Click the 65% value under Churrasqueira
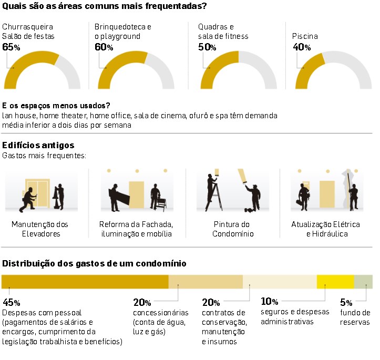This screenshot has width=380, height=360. (11, 47)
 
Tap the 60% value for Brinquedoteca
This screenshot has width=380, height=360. (104, 47)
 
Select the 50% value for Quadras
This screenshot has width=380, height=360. (207, 47)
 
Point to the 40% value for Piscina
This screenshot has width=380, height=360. (301, 47)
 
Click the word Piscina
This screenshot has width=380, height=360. (305, 37)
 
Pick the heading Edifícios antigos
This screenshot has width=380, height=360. (38, 146)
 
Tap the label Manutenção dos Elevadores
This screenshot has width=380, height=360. (40, 229)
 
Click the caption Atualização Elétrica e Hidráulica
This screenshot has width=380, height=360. (326, 229)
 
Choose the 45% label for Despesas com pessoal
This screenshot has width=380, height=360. (11, 303)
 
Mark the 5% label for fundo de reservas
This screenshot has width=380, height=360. (346, 303)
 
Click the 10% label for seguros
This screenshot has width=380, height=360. (269, 302)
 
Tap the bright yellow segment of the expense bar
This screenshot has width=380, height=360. (335, 282)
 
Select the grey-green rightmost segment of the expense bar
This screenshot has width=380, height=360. (363, 282)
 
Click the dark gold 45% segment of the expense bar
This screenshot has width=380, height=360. (85, 282)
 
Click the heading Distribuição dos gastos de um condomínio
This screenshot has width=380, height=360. (94, 263)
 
